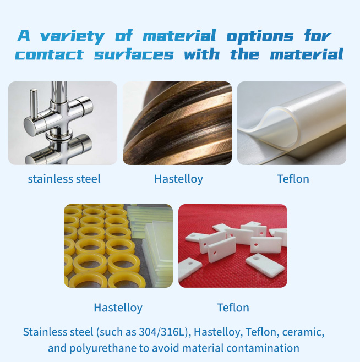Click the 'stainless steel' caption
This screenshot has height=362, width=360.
(64, 179)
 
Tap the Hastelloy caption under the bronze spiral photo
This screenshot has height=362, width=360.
(178, 179)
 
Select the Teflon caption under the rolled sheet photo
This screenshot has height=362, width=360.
(293, 179)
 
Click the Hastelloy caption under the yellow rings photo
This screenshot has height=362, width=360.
(118, 308)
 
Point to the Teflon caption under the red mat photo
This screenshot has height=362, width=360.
(233, 308)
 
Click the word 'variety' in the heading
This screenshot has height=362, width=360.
(72, 37)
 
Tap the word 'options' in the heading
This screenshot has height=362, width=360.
(260, 37)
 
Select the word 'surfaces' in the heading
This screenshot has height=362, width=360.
(134, 54)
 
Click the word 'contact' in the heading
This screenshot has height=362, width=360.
(49, 55)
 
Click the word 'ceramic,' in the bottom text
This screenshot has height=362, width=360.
(303, 332)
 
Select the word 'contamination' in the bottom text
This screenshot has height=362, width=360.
(263, 348)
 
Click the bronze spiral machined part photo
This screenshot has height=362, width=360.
(177, 123)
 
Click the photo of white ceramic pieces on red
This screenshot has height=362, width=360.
(233, 246)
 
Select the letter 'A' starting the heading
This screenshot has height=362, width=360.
(24, 36)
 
